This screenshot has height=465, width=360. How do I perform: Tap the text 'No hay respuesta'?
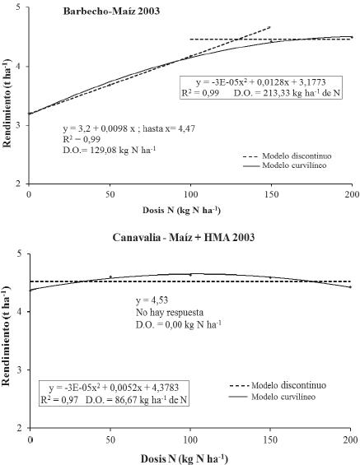(x=169, y=314)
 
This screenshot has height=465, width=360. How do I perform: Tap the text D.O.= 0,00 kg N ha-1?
(x=180, y=326)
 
